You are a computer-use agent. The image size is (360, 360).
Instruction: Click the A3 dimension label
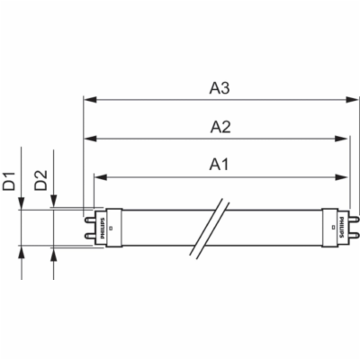(220, 87)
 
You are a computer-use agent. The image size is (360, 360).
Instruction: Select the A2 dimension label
(220, 127)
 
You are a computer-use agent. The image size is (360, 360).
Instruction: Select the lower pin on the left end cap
(87, 235)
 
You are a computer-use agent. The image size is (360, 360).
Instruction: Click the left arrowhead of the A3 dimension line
(87, 99)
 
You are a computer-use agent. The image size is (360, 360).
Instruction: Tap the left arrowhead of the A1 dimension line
(99, 175)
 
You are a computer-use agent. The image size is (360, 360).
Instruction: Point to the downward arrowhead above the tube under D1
(22, 203)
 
